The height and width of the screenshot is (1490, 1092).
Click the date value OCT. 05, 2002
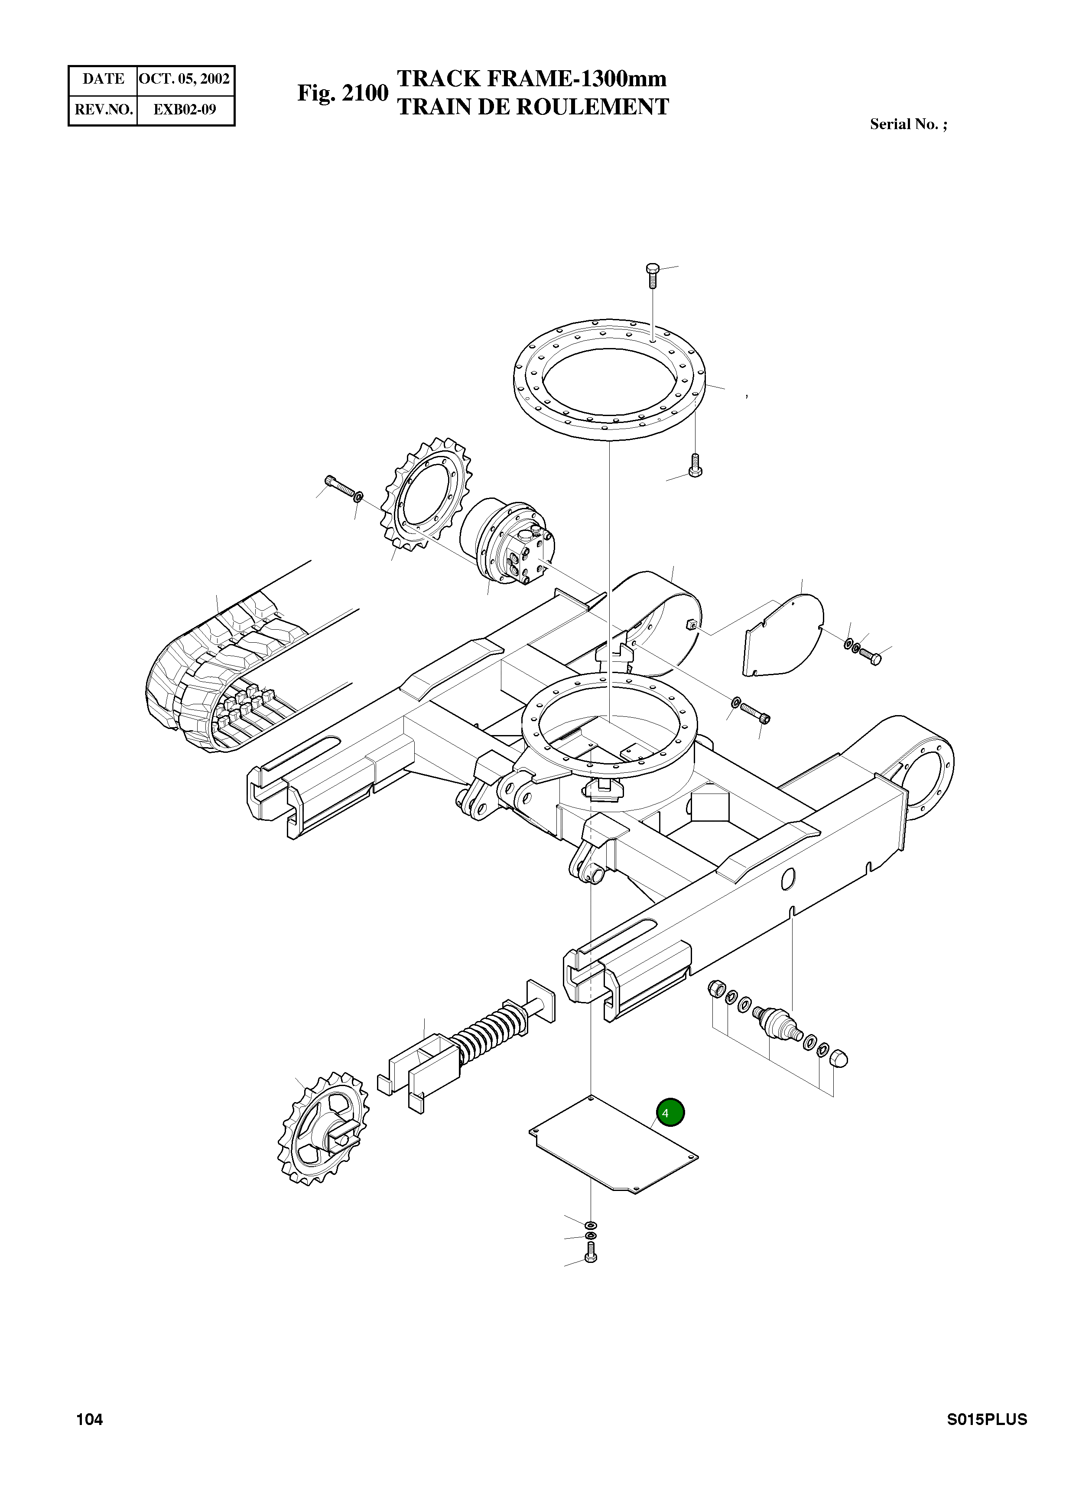(x=185, y=79)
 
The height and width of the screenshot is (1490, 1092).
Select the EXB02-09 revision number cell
(x=185, y=110)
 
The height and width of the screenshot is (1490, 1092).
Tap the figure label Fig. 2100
(x=342, y=93)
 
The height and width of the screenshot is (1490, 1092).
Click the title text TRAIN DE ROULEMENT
(x=532, y=107)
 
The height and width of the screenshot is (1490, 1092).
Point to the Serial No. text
(x=907, y=124)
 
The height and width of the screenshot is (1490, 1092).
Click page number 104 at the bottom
(x=90, y=1419)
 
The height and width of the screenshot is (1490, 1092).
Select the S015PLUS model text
(x=986, y=1419)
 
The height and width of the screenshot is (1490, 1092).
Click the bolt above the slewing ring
(x=653, y=275)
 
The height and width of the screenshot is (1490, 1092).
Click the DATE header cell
(x=103, y=79)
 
